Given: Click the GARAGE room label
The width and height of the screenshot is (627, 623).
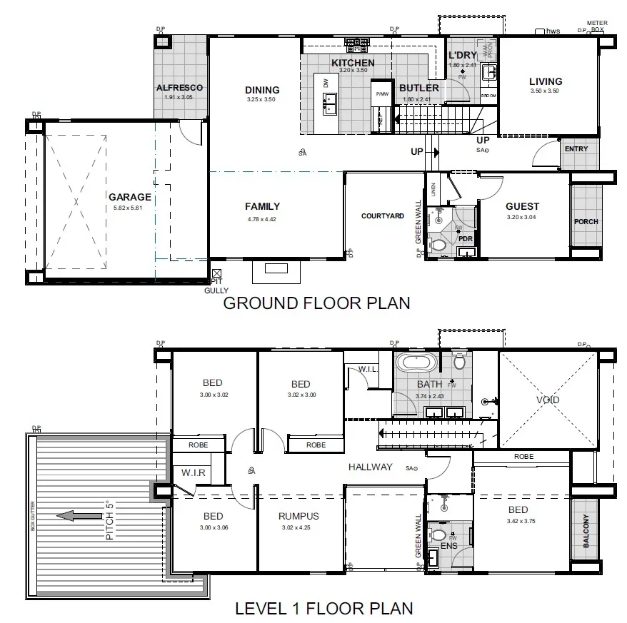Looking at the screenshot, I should [x=129, y=197].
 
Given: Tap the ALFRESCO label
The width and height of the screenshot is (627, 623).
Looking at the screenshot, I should [x=179, y=88].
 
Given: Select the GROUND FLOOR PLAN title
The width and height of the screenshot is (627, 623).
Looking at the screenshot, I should [x=317, y=303].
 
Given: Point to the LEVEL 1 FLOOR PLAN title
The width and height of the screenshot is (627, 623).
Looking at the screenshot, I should [x=324, y=609].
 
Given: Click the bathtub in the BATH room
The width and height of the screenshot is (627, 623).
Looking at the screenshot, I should [x=416, y=363].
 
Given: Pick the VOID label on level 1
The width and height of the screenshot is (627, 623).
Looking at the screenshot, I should [x=548, y=400].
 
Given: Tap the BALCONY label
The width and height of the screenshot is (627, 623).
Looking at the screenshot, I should [x=586, y=532].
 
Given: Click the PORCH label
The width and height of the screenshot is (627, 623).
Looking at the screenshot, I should [x=586, y=221].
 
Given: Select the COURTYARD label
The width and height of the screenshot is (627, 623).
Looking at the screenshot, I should [x=382, y=216].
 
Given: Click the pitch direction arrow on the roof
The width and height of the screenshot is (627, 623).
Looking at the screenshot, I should [x=78, y=515].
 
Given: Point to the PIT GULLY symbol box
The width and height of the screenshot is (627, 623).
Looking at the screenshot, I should [x=217, y=273].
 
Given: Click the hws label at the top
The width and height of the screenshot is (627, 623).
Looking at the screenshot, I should [x=553, y=31].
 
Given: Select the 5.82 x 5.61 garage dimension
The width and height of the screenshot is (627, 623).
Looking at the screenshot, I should [x=129, y=208].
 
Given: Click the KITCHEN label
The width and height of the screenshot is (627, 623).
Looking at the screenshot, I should [x=353, y=63].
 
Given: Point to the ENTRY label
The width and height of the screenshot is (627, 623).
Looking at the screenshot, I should [x=576, y=149].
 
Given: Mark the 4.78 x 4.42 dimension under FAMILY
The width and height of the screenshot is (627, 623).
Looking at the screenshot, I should [x=261, y=219].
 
